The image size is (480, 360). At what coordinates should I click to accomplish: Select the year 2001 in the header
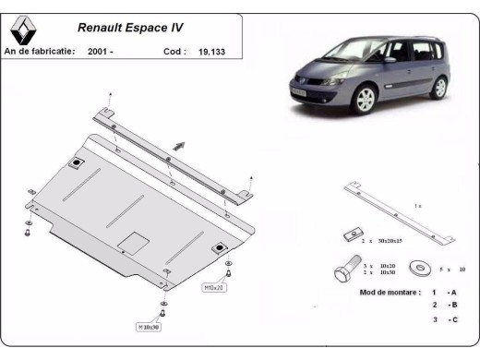[x=102, y=53]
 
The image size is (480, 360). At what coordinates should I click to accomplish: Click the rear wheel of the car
[x=438, y=88]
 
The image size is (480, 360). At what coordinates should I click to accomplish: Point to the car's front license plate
[x=302, y=95]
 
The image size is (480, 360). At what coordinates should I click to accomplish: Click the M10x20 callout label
[x=215, y=287]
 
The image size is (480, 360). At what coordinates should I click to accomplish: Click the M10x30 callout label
[x=150, y=326]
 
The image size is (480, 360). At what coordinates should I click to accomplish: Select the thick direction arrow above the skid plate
[x=181, y=145]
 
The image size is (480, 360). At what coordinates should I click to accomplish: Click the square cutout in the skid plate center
[x=134, y=243]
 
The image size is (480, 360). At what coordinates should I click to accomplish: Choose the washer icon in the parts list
[x=423, y=269]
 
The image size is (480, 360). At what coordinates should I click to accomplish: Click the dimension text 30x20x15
[x=388, y=240]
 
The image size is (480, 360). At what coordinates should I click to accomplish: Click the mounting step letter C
[x=453, y=319]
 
